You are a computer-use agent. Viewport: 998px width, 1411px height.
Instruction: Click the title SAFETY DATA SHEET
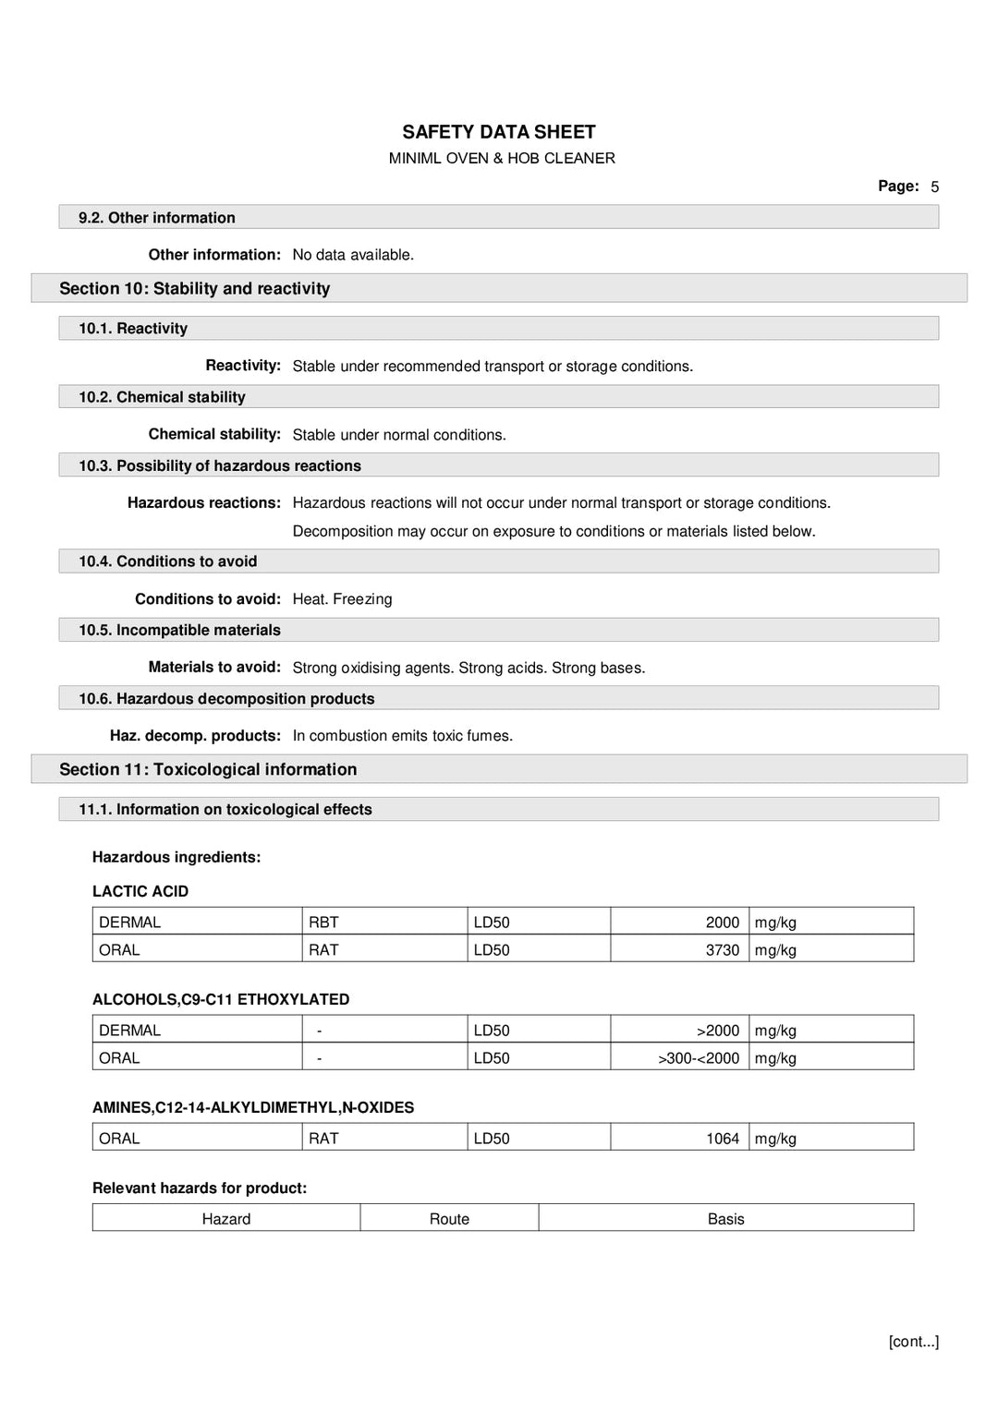click(498, 132)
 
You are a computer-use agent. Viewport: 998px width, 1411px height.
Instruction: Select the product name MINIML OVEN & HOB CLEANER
click(501, 159)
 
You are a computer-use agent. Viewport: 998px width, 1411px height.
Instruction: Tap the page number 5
click(934, 187)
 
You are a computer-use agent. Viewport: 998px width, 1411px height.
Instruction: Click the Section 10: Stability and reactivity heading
click(194, 289)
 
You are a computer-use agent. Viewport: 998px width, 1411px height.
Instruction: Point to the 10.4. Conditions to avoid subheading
click(167, 561)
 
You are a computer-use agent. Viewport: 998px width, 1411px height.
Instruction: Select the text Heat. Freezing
click(342, 599)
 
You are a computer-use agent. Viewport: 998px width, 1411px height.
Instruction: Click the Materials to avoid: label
click(213, 667)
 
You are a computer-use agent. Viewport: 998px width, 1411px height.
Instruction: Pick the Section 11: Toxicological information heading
click(207, 770)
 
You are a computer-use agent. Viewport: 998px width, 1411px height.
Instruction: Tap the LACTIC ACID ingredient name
click(140, 891)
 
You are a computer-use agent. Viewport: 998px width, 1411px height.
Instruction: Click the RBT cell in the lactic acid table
click(323, 923)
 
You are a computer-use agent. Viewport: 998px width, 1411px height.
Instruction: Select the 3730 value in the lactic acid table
click(722, 950)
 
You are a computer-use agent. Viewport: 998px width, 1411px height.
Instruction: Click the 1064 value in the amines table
click(722, 1139)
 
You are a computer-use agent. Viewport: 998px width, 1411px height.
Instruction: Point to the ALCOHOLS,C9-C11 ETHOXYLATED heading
click(221, 999)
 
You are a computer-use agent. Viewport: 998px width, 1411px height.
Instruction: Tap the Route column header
click(449, 1219)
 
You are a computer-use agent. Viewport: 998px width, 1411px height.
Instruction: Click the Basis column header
click(725, 1219)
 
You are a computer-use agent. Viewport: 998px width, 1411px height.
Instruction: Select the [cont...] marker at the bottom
click(913, 1342)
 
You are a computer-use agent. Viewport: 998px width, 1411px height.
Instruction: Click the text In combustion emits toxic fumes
click(402, 736)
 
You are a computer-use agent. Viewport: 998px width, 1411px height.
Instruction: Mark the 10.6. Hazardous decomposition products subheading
click(226, 699)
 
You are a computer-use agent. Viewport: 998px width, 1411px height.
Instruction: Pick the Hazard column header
click(226, 1219)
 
